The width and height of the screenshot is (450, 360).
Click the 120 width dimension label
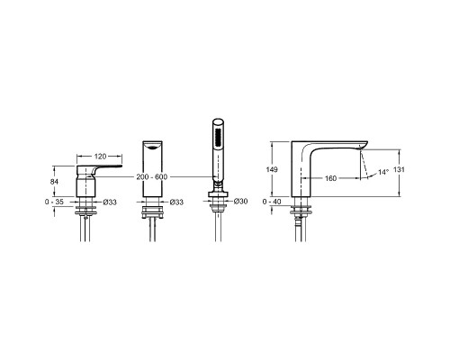[100, 157]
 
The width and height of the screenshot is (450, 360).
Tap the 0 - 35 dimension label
[54, 202]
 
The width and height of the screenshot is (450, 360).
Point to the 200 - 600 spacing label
[152, 177]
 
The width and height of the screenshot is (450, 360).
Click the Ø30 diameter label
[240, 202]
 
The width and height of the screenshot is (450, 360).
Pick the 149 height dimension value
[272, 169]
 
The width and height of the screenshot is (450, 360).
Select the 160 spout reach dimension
[330, 178]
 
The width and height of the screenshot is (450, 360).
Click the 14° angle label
[383, 172]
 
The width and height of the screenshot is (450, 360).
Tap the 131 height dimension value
[399, 169]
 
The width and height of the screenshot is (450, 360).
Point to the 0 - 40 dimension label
[272, 202]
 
